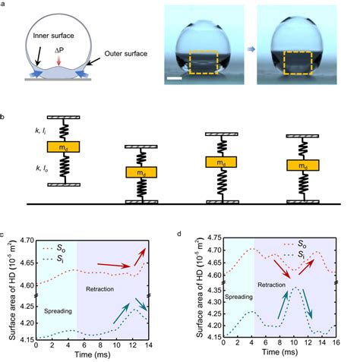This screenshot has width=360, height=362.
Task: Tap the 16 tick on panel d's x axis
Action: pos(338,345)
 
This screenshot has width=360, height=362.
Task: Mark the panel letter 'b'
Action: pos(5,117)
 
